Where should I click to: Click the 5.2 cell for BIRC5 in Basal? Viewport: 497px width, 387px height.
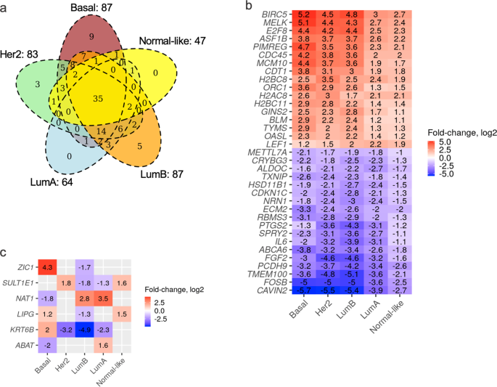click(x=305, y=15)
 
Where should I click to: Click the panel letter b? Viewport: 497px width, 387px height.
click(x=250, y=6)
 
